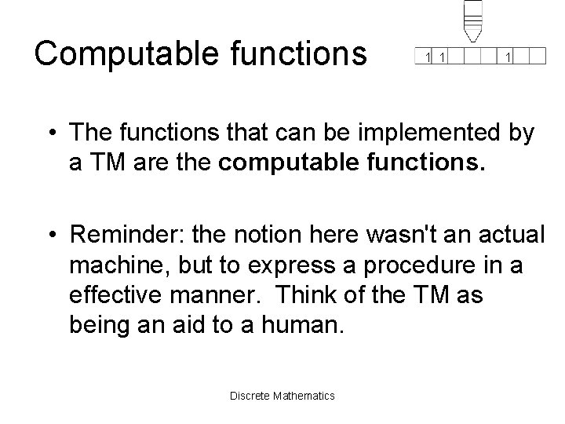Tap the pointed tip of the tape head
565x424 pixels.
[x=472, y=39]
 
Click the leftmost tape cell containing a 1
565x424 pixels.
[x=427, y=57]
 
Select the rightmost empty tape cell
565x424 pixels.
[x=538, y=56]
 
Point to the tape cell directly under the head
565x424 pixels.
[x=472, y=56]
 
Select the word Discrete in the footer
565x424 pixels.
[x=249, y=395]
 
